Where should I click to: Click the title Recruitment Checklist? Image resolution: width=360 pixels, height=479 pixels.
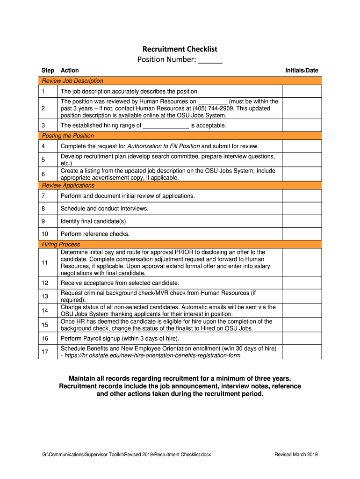pos(180,49)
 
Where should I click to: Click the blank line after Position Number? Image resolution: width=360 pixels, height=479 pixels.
pos(210,60)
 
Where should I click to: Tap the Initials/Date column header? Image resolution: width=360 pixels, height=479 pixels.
pos(302,71)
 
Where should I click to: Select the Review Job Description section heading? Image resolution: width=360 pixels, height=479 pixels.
pos(72,81)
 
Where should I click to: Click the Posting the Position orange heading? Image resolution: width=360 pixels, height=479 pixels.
pos(68,136)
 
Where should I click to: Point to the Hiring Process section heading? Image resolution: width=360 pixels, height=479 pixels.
pos(61,244)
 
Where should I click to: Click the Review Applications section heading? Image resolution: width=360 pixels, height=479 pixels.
pos(68,186)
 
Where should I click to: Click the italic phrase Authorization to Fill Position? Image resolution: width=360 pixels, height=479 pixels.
pos(163,146)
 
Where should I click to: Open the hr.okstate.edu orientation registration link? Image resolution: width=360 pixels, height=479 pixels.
pos(152,356)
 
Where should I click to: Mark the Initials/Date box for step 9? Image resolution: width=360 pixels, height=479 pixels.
pos(302,221)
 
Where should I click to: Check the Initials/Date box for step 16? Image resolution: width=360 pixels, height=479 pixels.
pos(302,338)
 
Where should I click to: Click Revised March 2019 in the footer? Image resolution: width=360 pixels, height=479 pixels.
pos(296,454)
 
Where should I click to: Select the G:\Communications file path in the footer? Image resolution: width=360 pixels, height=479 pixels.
pos(126,454)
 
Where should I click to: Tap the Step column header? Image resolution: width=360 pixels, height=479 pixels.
pos(48,71)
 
